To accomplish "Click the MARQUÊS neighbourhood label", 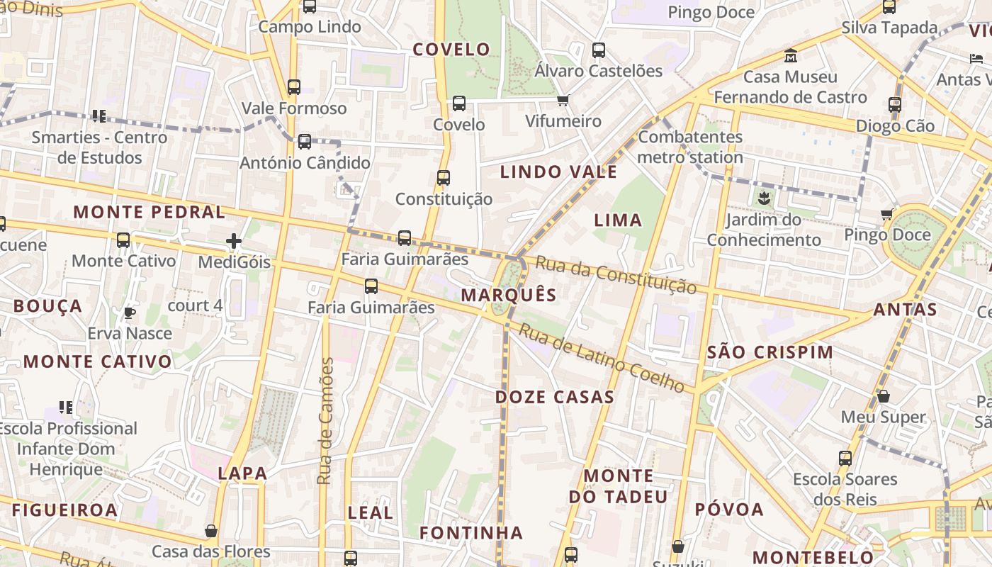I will (509, 295).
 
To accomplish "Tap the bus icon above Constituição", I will (444, 178).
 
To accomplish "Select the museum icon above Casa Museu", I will (791, 55).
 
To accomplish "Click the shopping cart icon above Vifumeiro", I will (563, 100).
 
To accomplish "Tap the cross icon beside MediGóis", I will (234, 242).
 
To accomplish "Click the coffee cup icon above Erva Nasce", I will (130, 313).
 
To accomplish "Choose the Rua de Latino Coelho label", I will (602, 358).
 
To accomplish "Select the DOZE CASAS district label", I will (554, 397).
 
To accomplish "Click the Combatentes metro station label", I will (690, 147).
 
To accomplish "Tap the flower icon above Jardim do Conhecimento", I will (764, 198).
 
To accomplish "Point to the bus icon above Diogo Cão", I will (895, 105).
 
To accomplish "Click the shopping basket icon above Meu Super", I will (884, 396).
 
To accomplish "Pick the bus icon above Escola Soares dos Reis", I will (845, 458).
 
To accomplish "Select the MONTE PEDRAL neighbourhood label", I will (150, 212).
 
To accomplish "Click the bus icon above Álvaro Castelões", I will (599, 50).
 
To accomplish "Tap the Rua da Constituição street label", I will (616, 274).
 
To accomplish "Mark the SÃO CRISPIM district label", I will (770, 352).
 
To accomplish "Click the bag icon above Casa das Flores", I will (211, 531).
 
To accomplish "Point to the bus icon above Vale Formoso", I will (294, 87).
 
